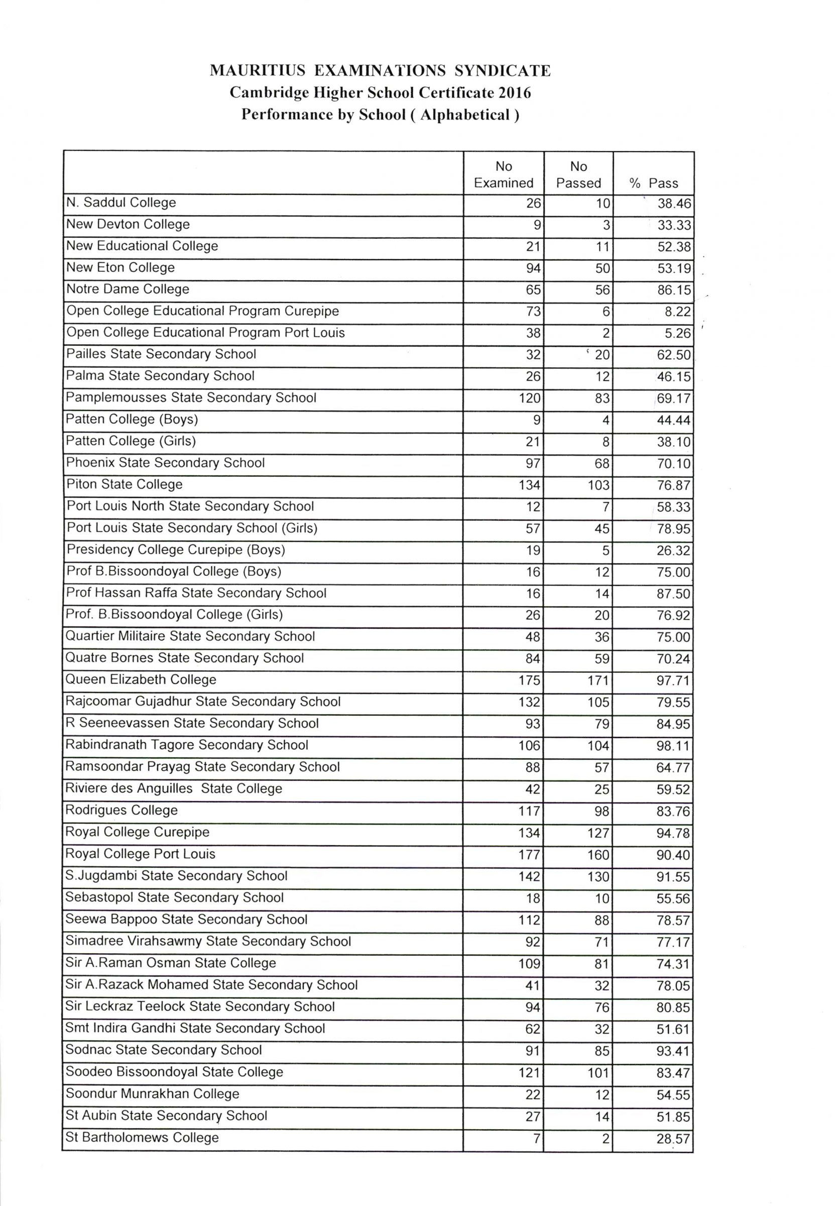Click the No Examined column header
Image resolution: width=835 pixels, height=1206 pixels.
pyautogui.click(x=503, y=174)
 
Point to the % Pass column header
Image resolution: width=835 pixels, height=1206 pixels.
pyautogui.click(x=653, y=183)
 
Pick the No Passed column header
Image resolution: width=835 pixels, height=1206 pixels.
pyautogui.click(x=578, y=174)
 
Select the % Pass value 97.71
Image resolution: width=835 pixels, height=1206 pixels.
pyautogui.click(x=673, y=681)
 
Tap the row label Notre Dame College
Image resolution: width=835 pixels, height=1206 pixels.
pyautogui.click(x=128, y=289)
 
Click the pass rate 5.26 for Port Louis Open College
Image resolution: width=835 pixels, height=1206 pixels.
pyautogui.click(x=677, y=334)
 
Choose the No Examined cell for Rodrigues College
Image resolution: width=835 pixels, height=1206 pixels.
pyautogui.click(x=529, y=812)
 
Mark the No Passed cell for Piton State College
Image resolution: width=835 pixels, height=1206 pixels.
pyautogui.click(x=598, y=485)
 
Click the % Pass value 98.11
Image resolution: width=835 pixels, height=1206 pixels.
pyautogui.click(x=673, y=746)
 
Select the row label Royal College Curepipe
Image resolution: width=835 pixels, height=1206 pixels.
pyautogui.click(x=137, y=832)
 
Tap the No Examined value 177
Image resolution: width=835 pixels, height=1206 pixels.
pyautogui.click(x=529, y=855)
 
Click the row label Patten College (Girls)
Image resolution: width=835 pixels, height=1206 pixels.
pyautogui.click(x=131, y=441)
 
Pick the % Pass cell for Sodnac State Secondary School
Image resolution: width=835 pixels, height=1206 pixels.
pyautogui.click(x=673, y=1051)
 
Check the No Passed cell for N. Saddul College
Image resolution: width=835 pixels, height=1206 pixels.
pyautogui.click(x=603, y=204)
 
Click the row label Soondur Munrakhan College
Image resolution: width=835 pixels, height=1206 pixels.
pyautogui.click(x=152, y=1094)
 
